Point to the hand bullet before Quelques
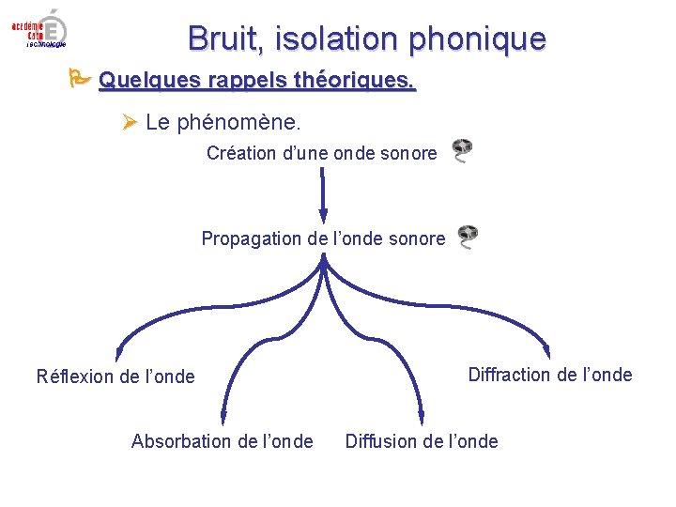pos(80,79)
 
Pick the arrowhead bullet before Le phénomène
pos(130,123)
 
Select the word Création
pos(241,152)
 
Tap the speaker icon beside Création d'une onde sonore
pos(461,150)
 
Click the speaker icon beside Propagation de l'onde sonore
pos(467,237)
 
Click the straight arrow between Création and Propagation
pos(322,193)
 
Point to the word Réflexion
pos(76,376)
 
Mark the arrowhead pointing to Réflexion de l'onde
pos(117,354)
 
